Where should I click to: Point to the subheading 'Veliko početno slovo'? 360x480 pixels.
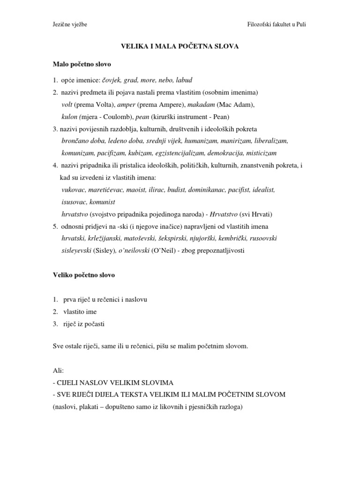83,275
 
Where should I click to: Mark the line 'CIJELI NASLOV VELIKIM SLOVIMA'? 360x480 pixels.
115,382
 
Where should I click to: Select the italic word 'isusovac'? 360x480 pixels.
75,202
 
